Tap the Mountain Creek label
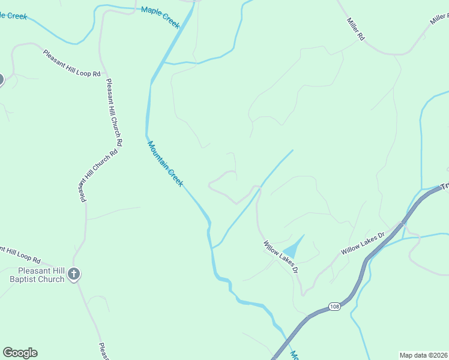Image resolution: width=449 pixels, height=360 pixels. (165, 163)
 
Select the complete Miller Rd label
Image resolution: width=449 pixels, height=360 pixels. (355, 28)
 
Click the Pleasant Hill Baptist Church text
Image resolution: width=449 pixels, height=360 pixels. (37, 275)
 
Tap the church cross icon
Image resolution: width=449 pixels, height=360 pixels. (73, 274)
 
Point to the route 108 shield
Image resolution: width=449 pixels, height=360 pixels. (334, 307)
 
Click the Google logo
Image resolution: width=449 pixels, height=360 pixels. (20, 353)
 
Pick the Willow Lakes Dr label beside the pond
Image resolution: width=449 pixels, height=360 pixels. (280, 257)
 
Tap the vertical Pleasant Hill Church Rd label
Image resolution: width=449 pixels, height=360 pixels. (114, 113)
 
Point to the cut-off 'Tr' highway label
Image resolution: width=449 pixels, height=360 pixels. (445, 187)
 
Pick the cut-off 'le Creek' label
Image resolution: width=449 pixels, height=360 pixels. (13, 15)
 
